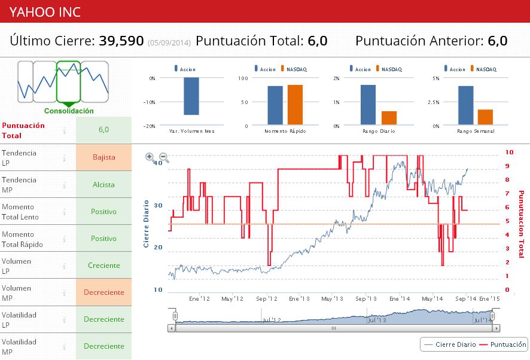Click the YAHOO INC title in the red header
coord(45,11)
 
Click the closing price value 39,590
coord(121,41)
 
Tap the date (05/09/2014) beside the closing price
coord(169,42)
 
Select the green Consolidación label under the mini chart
coord(69,111)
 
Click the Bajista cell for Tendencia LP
coord(103,157)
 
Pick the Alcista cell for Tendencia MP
coord(103,185)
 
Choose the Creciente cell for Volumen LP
coord(103,266)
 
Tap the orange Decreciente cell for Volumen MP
coord(103,292)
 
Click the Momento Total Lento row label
coord(20,212)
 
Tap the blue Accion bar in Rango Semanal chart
coord(466,106)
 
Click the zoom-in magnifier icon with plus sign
coord(150,157)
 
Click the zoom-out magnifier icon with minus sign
coord(164,158)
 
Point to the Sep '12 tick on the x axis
coord(266,298)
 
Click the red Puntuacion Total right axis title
coord(520,225)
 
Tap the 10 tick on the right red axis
coord(510,152)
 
